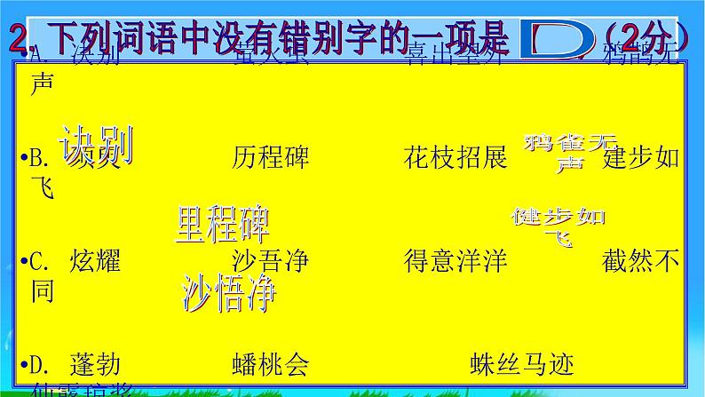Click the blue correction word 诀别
[96, 144]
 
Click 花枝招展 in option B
[455, 158]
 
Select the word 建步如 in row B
[641, 158]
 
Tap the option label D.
[43, 363]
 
